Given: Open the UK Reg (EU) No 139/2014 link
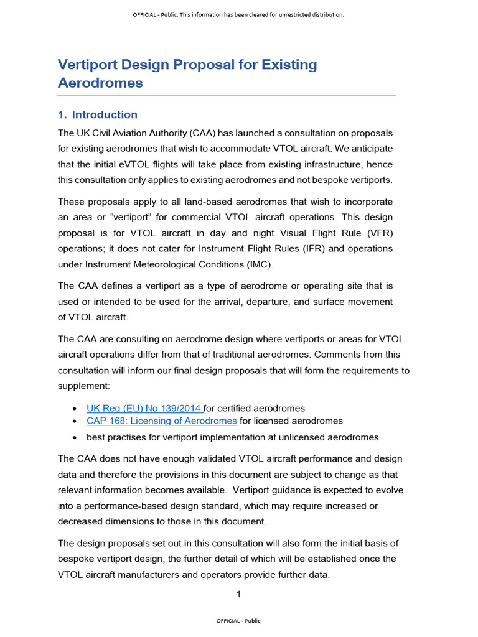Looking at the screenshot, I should [144, 408].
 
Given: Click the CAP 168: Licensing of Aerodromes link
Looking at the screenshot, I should [162, 421].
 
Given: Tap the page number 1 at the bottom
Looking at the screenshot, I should [238, 595].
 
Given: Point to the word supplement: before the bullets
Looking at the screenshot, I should [83, 386].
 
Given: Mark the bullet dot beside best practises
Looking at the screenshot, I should [75, 437].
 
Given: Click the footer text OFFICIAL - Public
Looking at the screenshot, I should [238, 621].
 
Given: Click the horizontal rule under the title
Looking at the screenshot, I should [226, 95].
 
